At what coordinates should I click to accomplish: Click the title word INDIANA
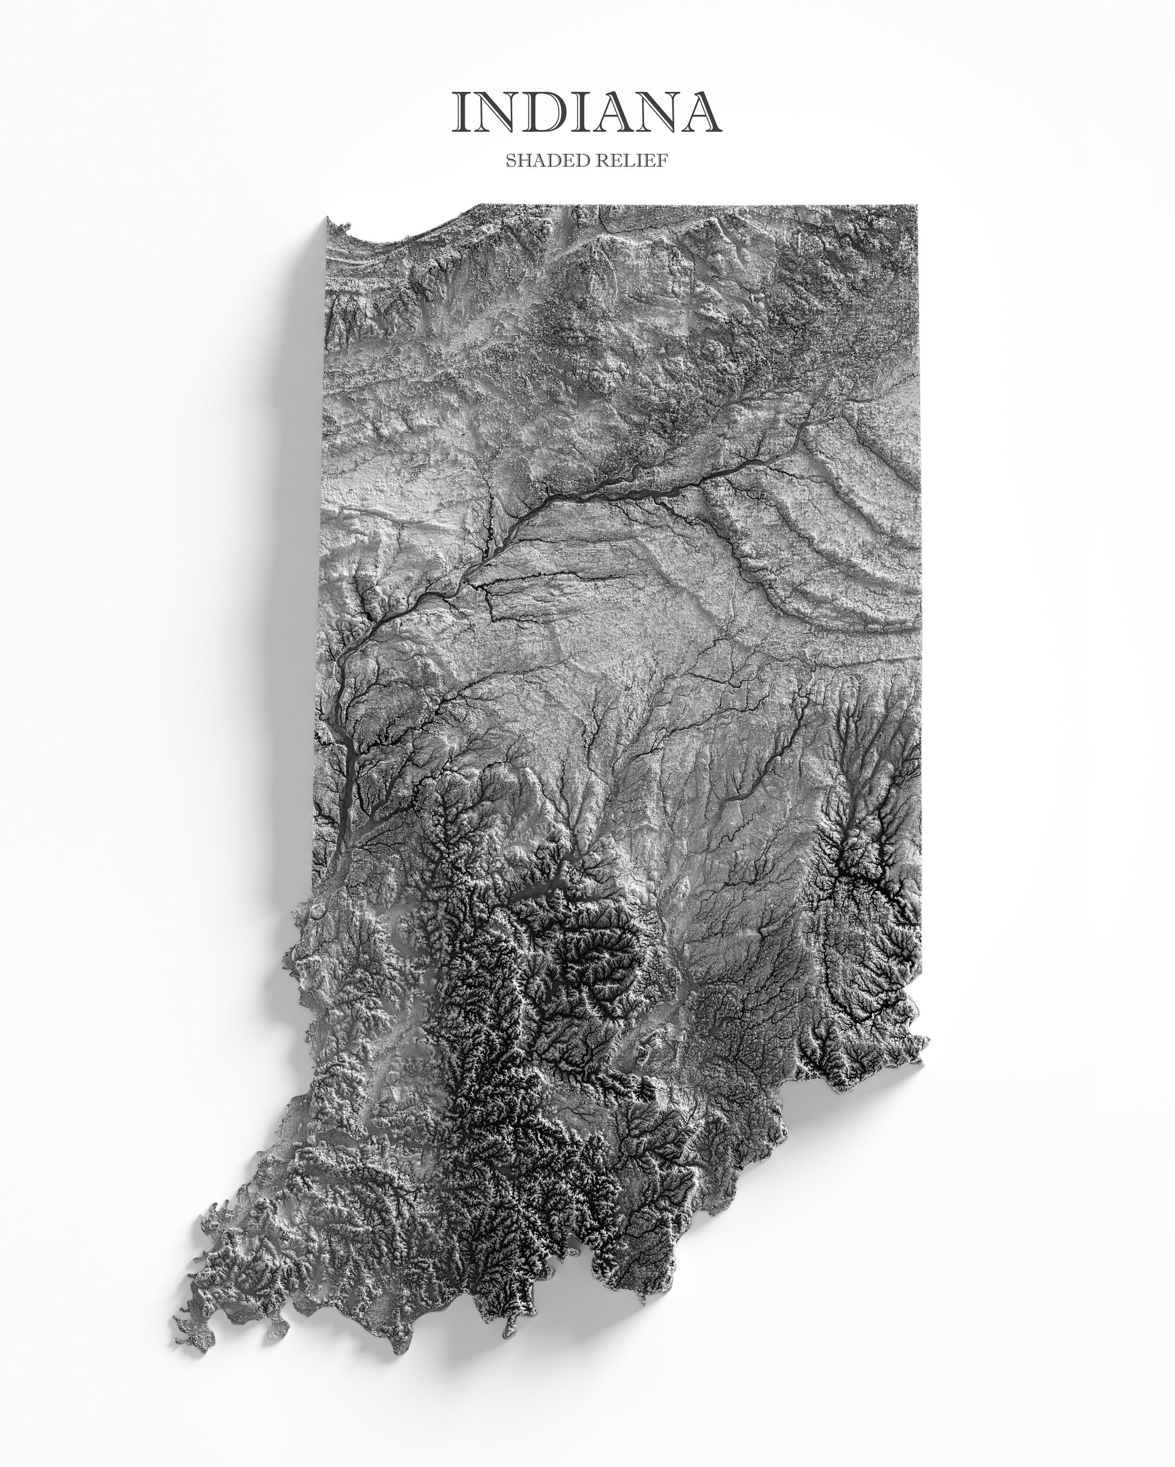(587, 112)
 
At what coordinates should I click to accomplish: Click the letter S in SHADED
(511, 161)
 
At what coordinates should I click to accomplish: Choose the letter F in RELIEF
(661, 161)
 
